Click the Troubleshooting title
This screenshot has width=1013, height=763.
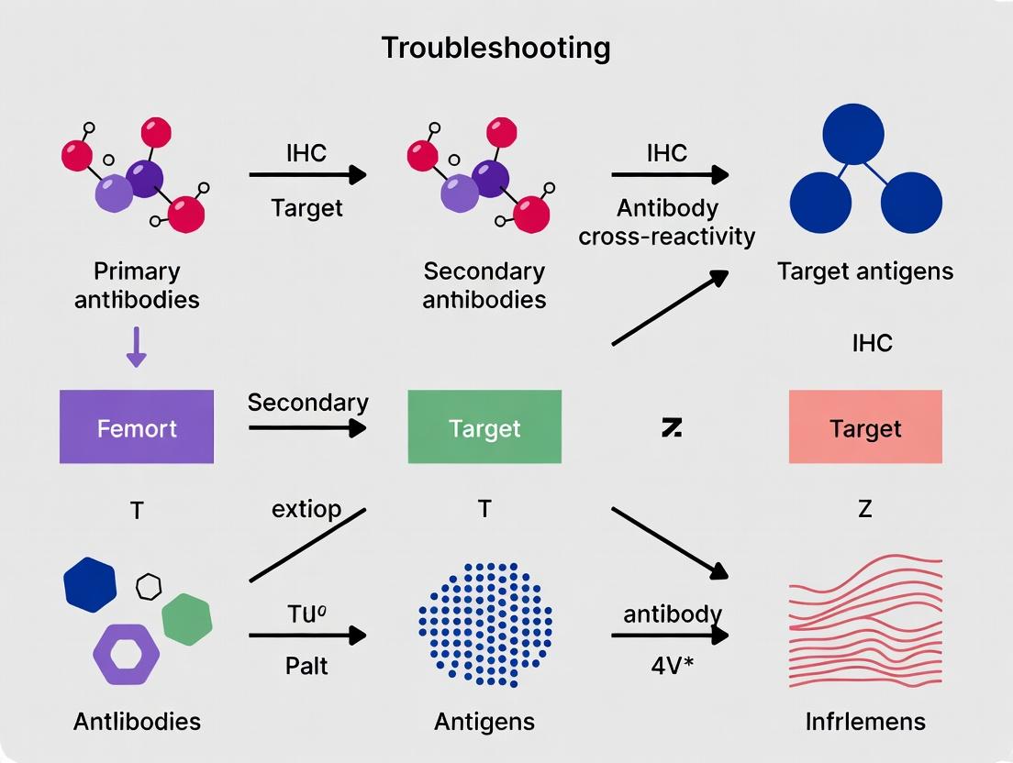pyautogui.click(x=495, y=47)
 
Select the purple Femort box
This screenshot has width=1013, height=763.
pyautogui.click(x=137, y=426)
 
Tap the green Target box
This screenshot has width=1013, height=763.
pyautogui.click(x=484, y=426)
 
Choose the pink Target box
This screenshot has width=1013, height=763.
pyautogui.click(x=865, y=426)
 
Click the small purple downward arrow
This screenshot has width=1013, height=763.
pyautogui.click(x=136, y=348)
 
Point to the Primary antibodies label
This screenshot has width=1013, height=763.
pyautogui.click(x=137, y=284)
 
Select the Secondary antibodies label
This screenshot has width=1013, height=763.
pyautogui.click(x=484, y=284)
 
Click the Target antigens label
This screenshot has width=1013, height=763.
pyautogui.click(x=865, y=271)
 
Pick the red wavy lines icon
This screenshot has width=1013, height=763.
pyautogui.click(x=865, y=616)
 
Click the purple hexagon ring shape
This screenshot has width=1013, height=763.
pyautogui.click(x=126, y=655)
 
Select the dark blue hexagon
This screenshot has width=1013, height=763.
pyautogui.click(x=90, y=583)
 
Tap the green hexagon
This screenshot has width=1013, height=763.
pyautogui.click(x=187, y=619)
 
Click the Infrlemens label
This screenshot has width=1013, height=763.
pyautogui.click(x=865, y=721)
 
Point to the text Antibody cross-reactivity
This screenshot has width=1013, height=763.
pyautogui.click(x=667, y=222)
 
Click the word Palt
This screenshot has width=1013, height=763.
pyautogui.click(x=307, y=665)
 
